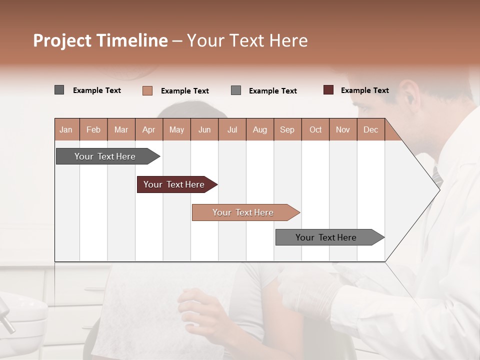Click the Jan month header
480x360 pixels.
click(x=66, y=129)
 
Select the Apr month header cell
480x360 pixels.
click(x=148, y=129)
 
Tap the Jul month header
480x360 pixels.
click(x=232, y=129)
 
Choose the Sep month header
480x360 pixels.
click(x=287, y=129)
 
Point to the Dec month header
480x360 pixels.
click(x=370, y=129)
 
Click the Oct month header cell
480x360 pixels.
click(x=315, y=129)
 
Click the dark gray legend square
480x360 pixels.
click(x=59, y=90)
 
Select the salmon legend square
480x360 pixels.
click(x=147, y=90)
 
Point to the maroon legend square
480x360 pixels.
click(x=328, y=90)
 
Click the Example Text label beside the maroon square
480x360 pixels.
click(x=364, y=90)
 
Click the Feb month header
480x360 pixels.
click(x=93, y=129)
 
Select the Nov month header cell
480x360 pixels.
click(x=342, y=129)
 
